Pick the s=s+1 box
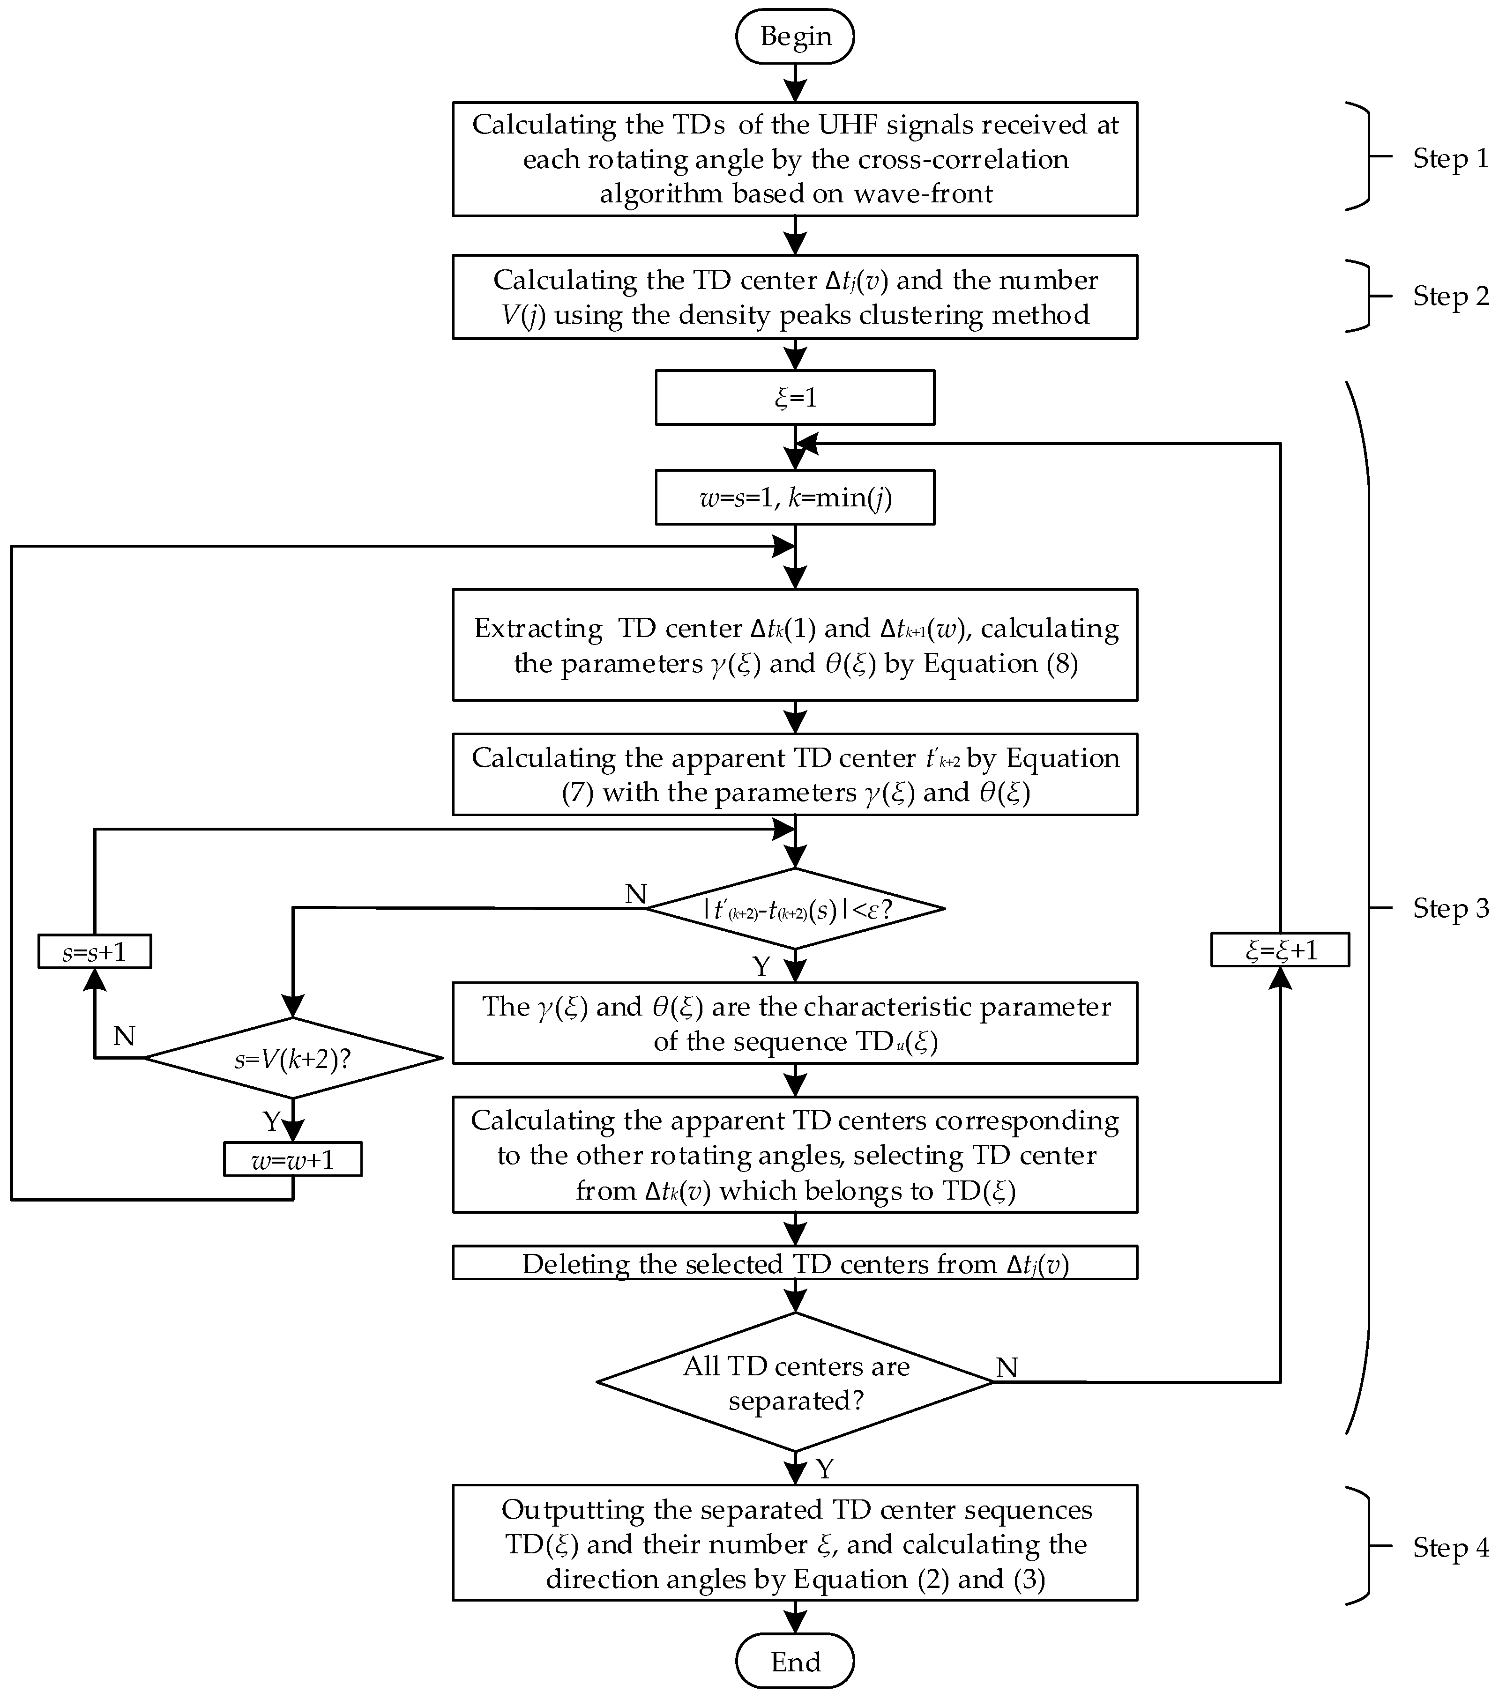point(95,951)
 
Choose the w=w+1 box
point(293,1159)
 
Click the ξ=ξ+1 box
point(1280,949)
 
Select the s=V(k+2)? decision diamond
point(293,1058)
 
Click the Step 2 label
point(1451,296)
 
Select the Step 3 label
point(1451,908)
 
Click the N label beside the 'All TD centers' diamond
point(1007,1367)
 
